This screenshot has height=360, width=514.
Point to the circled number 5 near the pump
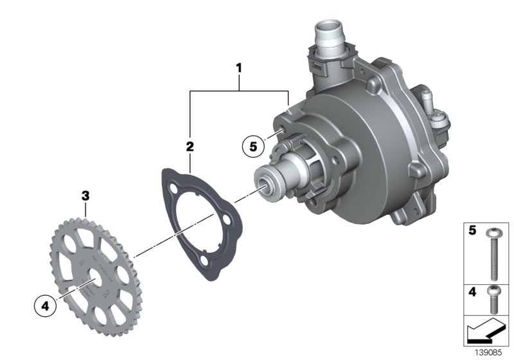(x=253, y=147)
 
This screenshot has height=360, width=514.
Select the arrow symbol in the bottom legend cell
(x=486, y=332)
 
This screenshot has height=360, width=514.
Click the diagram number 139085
(x=491, y=353)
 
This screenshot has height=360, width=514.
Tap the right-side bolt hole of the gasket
(x=227, y=224)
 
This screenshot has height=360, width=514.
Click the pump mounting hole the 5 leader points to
(x=281, y=132)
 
